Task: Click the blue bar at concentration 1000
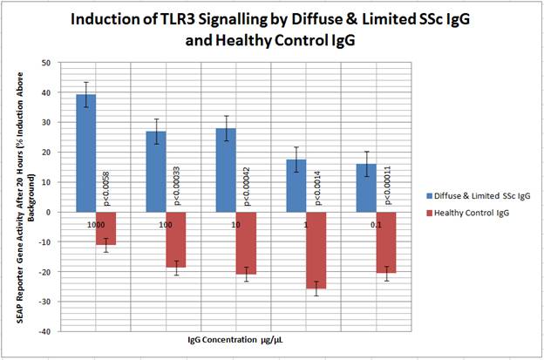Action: coord(85,153)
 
